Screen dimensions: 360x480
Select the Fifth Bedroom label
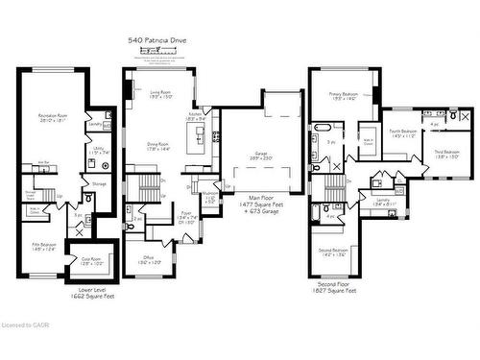[42, 246]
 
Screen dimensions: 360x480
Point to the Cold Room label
[92, 259]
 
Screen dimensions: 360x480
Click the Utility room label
[100, 150]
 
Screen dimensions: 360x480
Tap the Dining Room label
[158, 147]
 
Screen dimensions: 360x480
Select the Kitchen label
[195, 116]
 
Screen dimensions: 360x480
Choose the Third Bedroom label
[446, 154]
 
